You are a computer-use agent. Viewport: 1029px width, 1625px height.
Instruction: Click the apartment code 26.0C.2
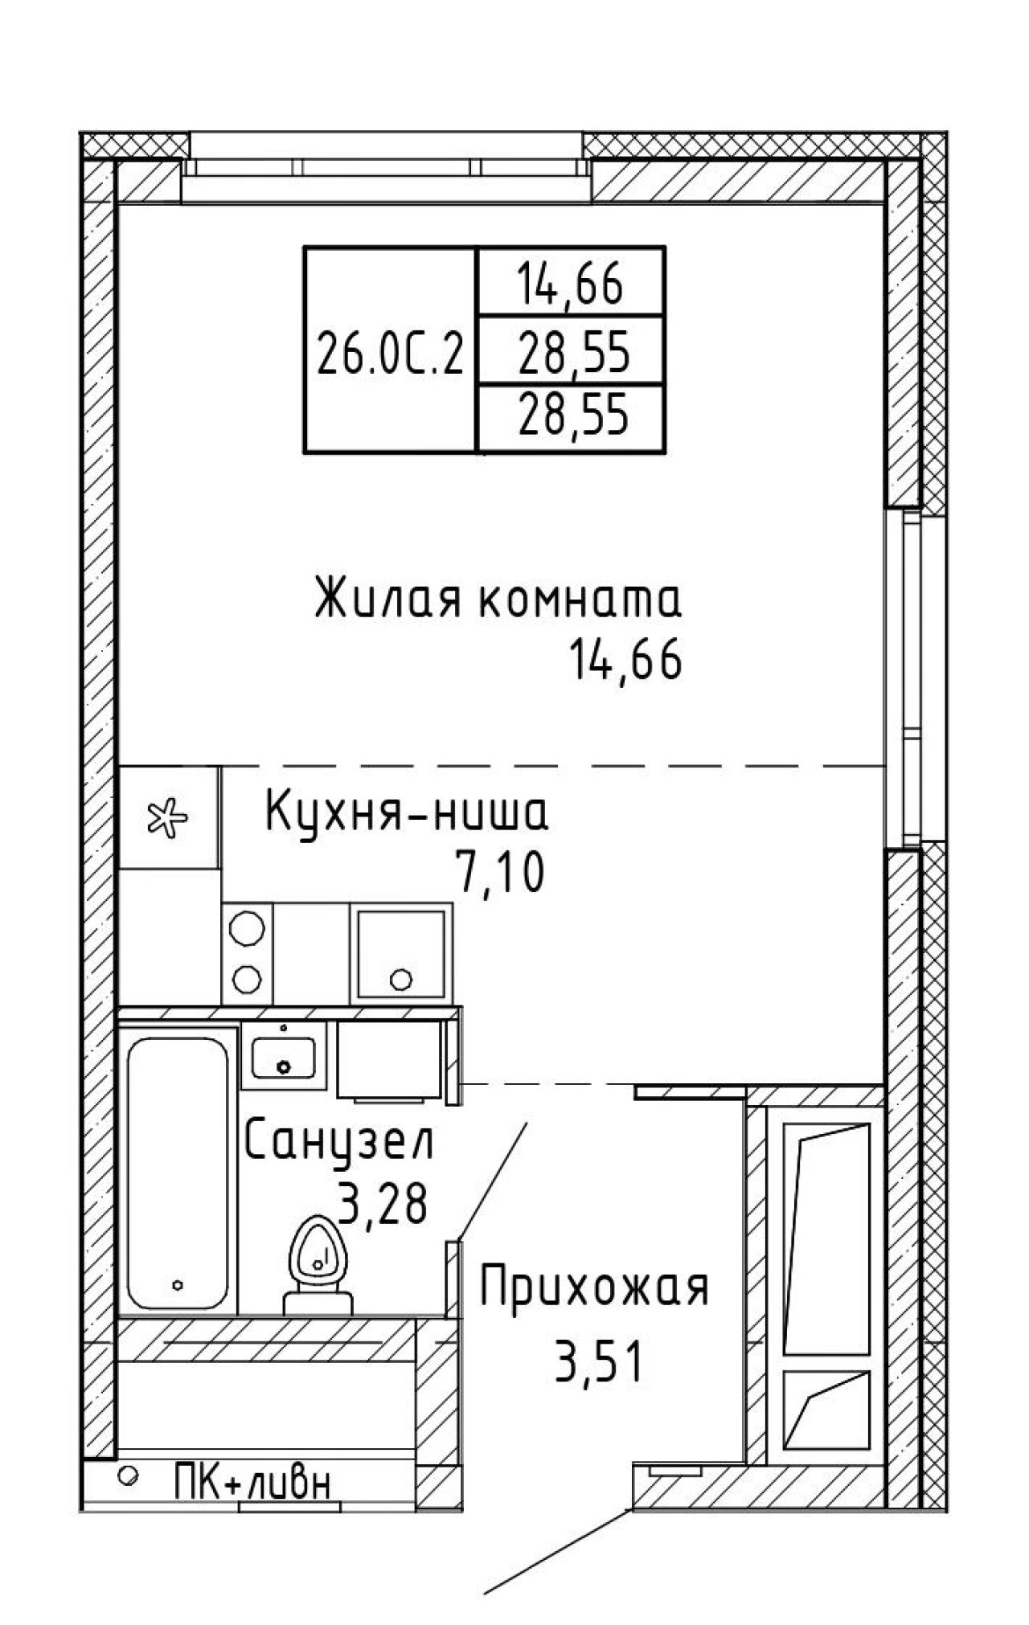391,354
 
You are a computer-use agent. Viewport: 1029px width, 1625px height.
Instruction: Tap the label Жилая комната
498,600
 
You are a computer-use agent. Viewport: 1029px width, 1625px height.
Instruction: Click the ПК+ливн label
252,1481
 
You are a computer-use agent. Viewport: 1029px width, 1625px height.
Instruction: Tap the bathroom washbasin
283,1057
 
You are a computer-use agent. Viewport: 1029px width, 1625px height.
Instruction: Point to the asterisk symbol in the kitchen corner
167,818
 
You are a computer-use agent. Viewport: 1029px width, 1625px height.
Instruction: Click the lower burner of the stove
247,979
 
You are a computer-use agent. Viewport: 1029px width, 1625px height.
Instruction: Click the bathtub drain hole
178,1284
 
